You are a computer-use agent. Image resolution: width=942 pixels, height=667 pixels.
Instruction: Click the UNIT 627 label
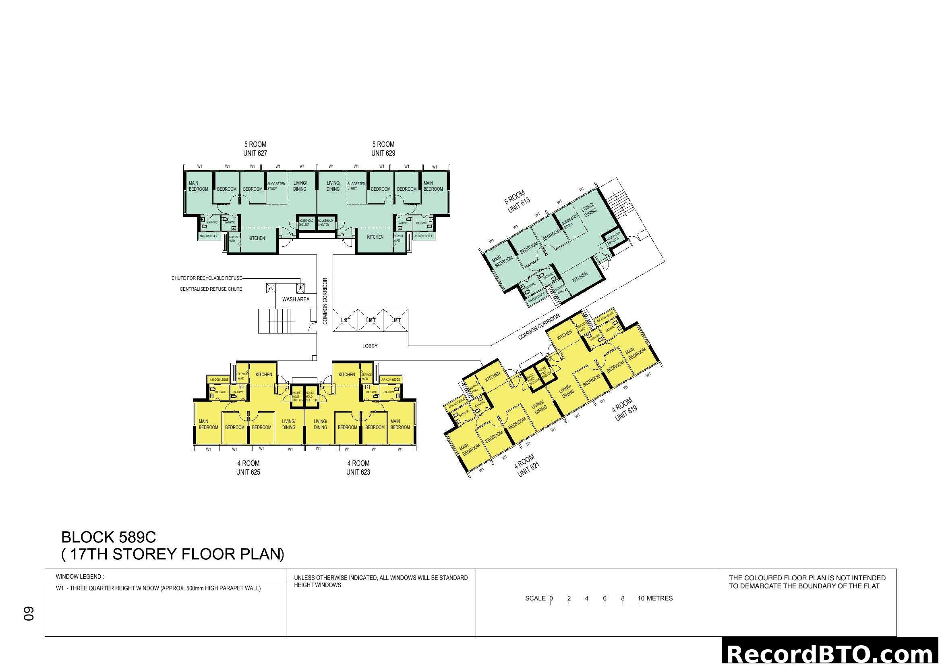(255, 153)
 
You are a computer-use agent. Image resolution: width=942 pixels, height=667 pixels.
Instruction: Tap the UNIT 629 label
(383, 153)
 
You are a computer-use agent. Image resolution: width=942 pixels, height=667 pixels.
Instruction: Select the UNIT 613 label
(519, 205)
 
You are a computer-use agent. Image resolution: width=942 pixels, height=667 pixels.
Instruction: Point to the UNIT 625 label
(248, 472)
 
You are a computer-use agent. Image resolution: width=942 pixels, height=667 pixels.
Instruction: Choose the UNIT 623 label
(358, 472)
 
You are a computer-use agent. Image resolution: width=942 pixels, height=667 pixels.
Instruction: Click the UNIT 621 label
(528, 469)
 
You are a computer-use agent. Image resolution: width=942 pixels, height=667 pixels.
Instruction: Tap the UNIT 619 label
(626, 413)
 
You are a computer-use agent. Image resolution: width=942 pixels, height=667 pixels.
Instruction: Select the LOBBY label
(370, 346)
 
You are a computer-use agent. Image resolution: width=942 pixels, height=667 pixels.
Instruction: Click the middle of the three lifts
(371, 320)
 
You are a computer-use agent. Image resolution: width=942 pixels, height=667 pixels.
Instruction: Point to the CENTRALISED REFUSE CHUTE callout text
(211, 289)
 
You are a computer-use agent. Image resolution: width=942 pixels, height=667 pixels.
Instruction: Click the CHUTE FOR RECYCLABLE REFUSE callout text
(206, 278)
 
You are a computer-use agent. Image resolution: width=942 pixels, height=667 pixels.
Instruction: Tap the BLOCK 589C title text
(108, 537)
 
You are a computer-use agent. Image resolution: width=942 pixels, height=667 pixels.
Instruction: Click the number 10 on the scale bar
(640, 598)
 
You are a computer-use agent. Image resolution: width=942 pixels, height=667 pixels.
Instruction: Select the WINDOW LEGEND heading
(80, 577)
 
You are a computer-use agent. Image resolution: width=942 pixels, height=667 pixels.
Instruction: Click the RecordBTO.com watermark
(831, 653)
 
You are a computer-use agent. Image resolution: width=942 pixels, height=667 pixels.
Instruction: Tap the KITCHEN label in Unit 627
(257, 238)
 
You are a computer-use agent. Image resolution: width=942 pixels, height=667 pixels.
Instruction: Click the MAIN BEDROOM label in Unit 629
(433, 186)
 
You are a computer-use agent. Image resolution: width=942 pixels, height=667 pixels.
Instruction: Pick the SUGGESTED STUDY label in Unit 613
(569, 222)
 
